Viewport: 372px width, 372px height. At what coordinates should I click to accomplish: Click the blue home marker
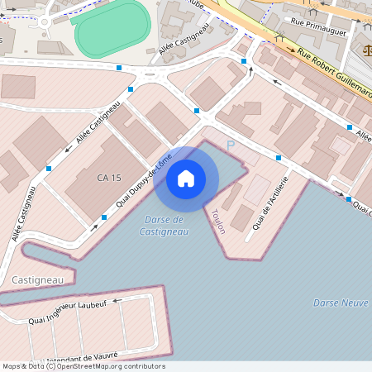tap(186, 179)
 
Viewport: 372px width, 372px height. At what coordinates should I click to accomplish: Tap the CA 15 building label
tap(108, 178)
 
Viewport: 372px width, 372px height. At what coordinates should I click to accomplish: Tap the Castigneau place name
tap(37, 280)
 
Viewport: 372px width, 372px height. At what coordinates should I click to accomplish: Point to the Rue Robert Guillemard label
tap(335, 70)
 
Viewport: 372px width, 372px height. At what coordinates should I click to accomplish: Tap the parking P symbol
tap(231, 145)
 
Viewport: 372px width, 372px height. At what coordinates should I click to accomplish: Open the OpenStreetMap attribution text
tap(83, 366)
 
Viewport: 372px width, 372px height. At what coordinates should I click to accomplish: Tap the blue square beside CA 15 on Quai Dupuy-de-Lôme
tap(104, 217)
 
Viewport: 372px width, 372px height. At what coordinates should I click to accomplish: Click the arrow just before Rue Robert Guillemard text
tap(291, 50)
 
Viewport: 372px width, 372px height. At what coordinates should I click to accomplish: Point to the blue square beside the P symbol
tap(279, 157)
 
